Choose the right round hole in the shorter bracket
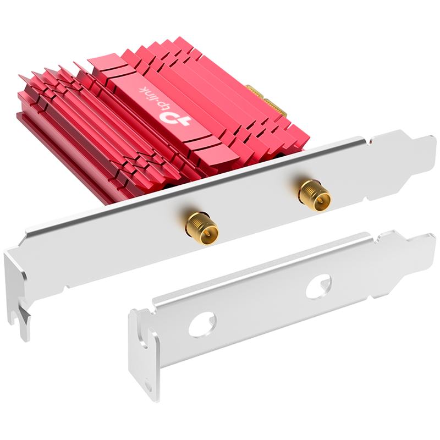point(319,286)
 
